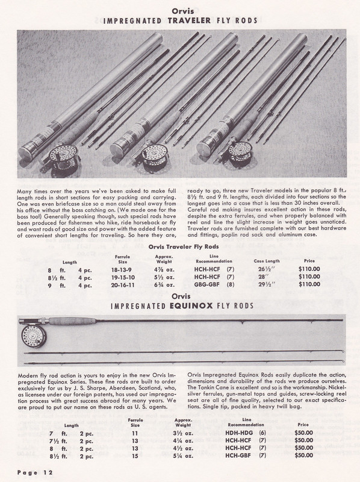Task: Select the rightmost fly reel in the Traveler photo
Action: coord(225,158)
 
